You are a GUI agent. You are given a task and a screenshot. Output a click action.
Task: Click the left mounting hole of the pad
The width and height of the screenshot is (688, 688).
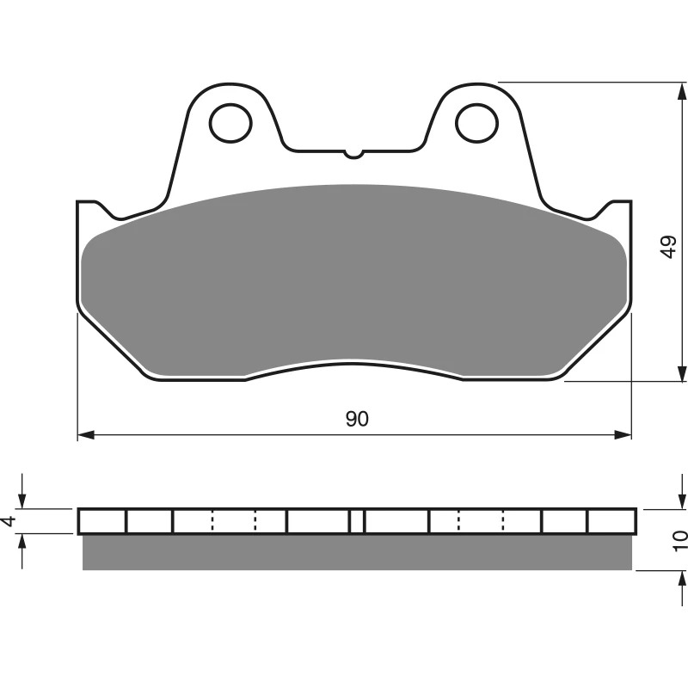click(x=230, y=123)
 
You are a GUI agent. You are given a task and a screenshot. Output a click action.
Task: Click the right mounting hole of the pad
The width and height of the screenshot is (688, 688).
click(x=477, y=123)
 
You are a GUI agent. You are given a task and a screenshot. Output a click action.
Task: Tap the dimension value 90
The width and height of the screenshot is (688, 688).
click(x=357, y=419)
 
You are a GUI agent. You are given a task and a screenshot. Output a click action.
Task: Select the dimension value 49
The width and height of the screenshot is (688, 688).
click(x=669, y=247)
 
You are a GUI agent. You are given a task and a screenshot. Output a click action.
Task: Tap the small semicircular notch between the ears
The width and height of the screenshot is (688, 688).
click(x=353, y=154)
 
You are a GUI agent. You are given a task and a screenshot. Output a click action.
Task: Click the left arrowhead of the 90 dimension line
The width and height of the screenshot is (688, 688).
click(x=86, y=435)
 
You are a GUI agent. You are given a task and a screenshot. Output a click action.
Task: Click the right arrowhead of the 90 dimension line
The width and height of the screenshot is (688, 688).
click(x=623, y=435)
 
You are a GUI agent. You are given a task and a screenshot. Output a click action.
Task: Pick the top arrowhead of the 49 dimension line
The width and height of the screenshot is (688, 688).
click(x=682, y=91)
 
